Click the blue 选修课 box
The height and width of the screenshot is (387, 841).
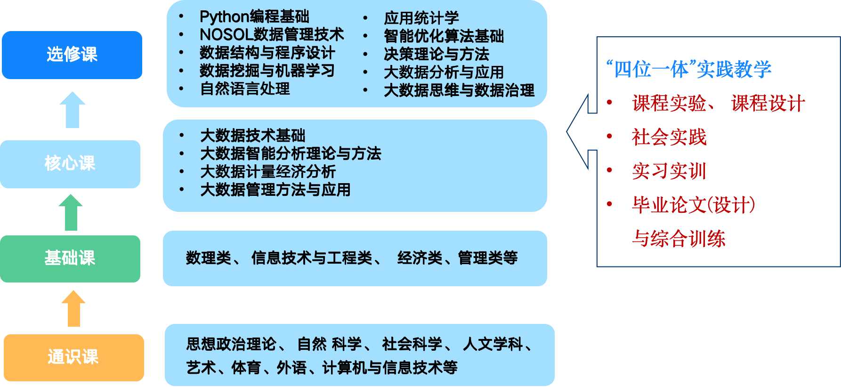72,55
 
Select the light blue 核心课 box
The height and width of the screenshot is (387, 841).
70,164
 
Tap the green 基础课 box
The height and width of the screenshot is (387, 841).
70,258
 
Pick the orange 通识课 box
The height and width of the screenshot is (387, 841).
73,357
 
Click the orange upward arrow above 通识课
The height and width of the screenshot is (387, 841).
73,308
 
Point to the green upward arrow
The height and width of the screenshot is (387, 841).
71,212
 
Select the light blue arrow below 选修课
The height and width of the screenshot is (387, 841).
73,109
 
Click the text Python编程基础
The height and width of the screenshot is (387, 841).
254,17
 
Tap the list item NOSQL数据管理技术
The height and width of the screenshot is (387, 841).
272,34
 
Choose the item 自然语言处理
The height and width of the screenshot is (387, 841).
245,89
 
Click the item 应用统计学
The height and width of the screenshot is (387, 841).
421,18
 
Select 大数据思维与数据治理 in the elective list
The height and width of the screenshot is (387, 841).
459,90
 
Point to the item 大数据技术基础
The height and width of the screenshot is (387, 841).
253,136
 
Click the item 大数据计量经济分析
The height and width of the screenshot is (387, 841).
268,172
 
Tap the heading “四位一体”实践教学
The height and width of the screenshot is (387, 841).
688,69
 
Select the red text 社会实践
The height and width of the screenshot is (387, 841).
669,137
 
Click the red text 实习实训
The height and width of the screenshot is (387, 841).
669,171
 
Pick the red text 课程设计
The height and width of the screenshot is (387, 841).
768,104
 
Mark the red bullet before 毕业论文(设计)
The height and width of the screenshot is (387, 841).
609,204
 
